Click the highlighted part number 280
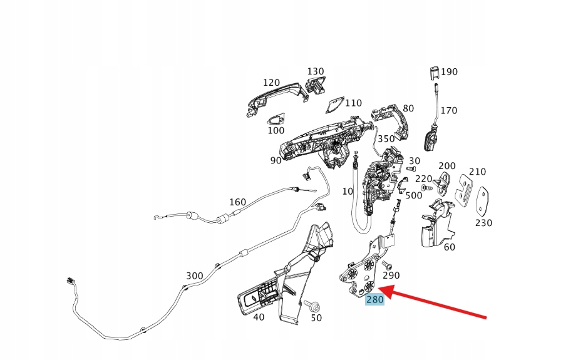(374, 299)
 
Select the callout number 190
(449, 72)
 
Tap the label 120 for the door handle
(271, 83)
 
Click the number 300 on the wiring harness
(194, 275)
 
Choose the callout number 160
(237, 202)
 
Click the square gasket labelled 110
(337, 103)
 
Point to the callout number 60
(449, 247)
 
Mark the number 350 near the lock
(386, 139)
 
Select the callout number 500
(414, 195)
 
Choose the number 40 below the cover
(258, 317)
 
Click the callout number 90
(276, 160)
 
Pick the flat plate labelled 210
(465, 188)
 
